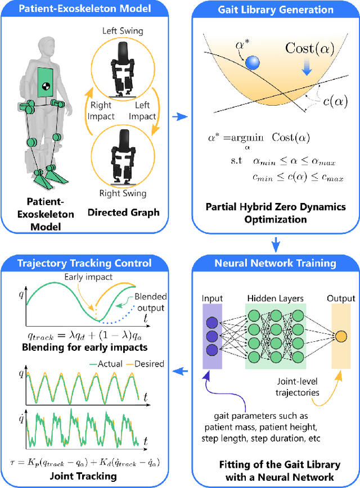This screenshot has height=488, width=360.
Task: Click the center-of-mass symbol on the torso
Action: [x=47, y=85]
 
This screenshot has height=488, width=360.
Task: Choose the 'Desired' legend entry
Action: [x=144, y=363]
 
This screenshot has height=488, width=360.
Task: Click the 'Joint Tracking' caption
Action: [x=84, y=476]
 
